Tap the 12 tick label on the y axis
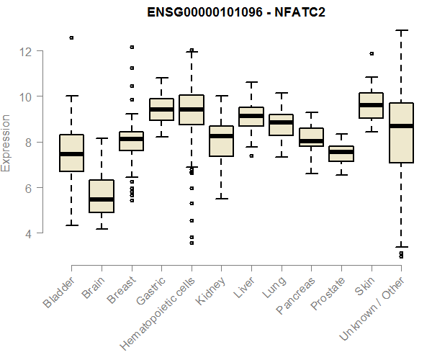[x=26, y=51]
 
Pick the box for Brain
[x=102, y=196]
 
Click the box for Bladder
[x=71, y=153]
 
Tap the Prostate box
[x=341, y=153]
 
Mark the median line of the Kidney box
[x=222, y=136]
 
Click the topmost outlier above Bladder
[x=71, y=37]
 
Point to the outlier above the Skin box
[x=372, y=53]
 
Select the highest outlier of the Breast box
[x=132, y=47]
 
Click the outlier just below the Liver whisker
[x=251, y=156]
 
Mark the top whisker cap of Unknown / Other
[x=401, y=30]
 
